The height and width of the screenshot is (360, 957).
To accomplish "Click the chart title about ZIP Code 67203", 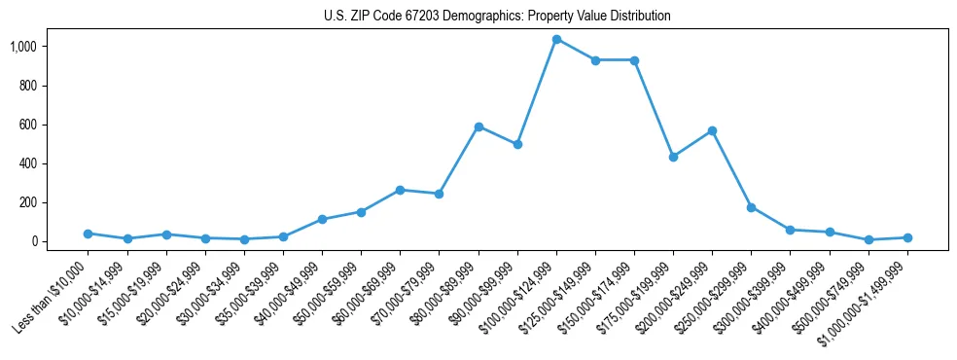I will pos(497,17).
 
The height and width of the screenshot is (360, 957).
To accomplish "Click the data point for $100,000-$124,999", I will pos(556,39).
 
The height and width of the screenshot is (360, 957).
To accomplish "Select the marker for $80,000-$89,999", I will pos(478,126).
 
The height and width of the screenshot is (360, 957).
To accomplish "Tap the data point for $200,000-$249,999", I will pos(712,130).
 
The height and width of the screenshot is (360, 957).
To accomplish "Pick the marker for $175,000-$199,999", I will pos(673,157).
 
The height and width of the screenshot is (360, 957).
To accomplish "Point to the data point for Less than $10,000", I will pos(89,234).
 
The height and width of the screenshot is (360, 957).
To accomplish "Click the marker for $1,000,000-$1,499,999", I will pos(907,237).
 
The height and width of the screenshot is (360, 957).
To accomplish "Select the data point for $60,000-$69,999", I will pos(400,190).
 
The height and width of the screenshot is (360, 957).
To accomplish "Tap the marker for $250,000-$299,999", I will pos(751,207).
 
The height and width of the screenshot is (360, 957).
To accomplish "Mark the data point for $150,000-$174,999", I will pos(634,60).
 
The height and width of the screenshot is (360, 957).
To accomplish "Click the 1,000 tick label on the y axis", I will pos(22,47).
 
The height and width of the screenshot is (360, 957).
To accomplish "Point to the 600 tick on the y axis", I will pos(27,125).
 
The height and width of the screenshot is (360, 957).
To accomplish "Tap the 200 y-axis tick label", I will pos(27,202).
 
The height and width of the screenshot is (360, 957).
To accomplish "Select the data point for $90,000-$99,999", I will pos(517,144).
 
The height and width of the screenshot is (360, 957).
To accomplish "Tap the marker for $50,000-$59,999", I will pos(361,212).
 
